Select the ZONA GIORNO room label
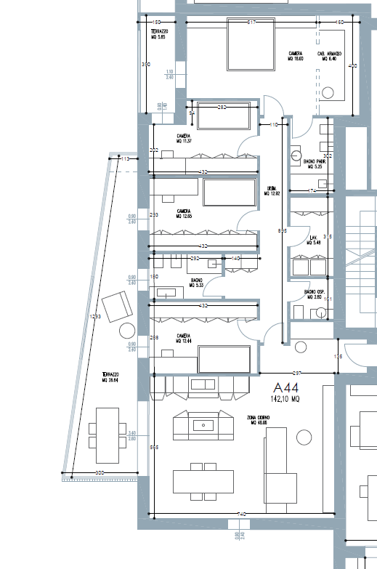point(262,419)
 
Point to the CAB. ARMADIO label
point(330,55)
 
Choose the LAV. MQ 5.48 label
point(315,240)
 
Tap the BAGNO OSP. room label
point(315,294)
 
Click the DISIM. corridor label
point(272,191)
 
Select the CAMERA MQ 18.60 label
point(295,55)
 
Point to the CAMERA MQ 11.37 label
point(184,140)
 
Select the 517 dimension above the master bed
point(251,23)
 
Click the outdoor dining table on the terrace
point(107,435)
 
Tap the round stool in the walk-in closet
point(330,93)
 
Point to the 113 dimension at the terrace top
point(125,158)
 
